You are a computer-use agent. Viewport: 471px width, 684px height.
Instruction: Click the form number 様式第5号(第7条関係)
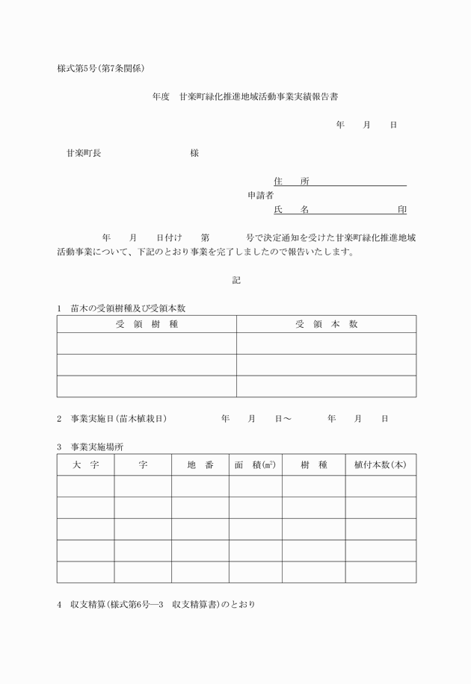tap(101, 68)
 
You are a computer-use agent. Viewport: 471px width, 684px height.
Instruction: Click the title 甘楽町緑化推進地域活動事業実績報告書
tap(264, 96)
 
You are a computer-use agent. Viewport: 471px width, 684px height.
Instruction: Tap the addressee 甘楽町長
tap(84, 153)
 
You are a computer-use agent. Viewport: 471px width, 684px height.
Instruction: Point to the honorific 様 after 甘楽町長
tap(194, 153)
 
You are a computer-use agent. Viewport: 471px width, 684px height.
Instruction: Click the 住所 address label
tap(292, 181)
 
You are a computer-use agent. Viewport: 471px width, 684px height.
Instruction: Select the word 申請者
tap(261, 196)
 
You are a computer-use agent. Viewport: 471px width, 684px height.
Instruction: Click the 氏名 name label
tap(292, 210)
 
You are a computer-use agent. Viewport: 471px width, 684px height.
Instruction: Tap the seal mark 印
tap(402, 210)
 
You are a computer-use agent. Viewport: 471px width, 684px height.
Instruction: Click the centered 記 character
tap(236, 281)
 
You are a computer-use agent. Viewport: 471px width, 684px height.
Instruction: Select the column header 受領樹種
tap(147, 324)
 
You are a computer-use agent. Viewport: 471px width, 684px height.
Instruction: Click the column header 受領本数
tap(326, 324)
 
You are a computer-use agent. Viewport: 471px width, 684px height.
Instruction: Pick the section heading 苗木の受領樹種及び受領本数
tap(127, 308)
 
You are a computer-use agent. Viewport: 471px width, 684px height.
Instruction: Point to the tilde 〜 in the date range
tap(287, 419)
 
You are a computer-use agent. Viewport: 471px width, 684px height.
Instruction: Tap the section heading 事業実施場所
tap(97, 447)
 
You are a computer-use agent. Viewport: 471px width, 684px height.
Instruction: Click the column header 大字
tap(85, 464)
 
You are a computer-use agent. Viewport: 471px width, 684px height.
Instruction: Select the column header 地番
tap(200, 464)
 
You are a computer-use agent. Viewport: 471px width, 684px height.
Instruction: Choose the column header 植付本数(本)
tap(380, 464)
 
